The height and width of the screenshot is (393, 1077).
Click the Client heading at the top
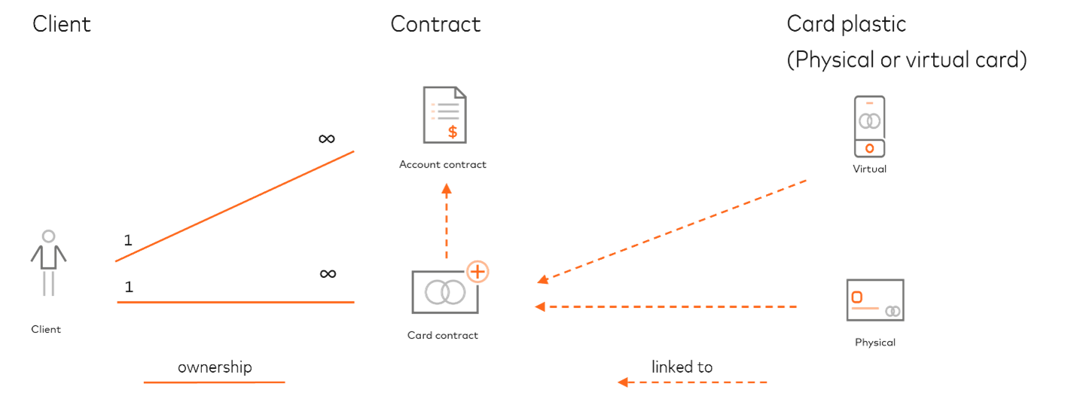click(61, 24)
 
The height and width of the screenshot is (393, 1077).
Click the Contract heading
click(435, 24)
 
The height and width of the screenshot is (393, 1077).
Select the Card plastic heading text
click(846, 24)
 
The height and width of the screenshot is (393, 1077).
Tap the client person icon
click(49, 262)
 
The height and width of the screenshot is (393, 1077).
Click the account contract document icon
click(444, 115)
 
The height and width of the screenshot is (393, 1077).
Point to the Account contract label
click(443, 165)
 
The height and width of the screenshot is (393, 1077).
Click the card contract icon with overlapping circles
click(444, 292)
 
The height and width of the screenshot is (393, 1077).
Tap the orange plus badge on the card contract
click(477, 271)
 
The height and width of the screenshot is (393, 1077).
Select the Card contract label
click(443, 336)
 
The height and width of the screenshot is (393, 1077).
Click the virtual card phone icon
click(869, 127)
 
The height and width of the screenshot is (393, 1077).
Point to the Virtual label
click(869, 169)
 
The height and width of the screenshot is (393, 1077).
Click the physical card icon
click(875, 300)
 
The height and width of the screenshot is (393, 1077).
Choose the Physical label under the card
click(875, 343)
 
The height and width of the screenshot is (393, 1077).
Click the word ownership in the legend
click(214, 367)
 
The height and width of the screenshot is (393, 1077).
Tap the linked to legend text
click(682, 367)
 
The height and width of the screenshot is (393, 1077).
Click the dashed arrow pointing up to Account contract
click(447, 221)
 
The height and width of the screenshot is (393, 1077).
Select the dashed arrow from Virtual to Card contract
click(670, 232)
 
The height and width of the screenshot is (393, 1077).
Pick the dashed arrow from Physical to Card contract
click(666, 306)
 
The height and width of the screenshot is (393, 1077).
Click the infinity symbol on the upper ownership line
click(326, 139)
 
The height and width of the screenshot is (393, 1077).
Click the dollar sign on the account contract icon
click(452, 132)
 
